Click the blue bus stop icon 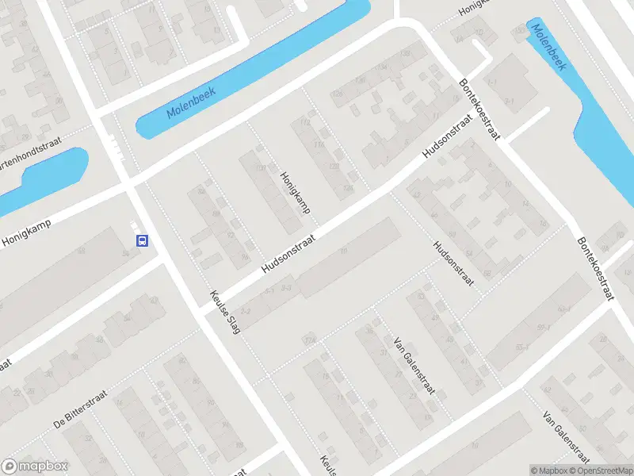142,240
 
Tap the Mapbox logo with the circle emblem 35,466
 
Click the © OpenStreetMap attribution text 595,470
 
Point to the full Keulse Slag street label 224,311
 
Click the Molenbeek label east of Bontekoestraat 548,48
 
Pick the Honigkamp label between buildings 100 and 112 294,193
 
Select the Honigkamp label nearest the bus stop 26,230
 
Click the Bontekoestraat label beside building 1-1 481,109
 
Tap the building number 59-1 544,327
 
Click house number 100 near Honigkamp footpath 260,167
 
